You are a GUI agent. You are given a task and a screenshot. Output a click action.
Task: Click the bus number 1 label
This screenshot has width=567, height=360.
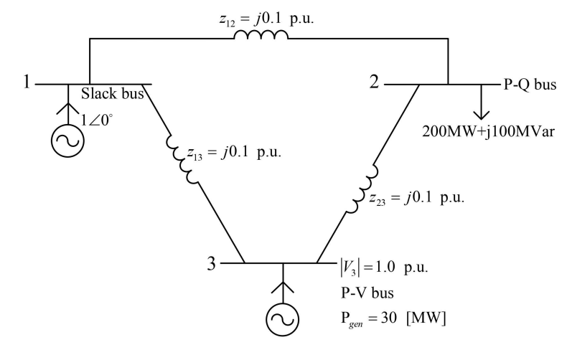(x=27, y=82)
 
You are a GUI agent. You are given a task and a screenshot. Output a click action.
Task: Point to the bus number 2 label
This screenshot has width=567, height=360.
(x=375, y=83)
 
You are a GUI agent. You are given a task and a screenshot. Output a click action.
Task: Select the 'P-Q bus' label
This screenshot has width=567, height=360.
(x=529, y=84)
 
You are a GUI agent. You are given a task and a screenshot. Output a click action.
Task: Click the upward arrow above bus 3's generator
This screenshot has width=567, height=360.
(x=281, y=283)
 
